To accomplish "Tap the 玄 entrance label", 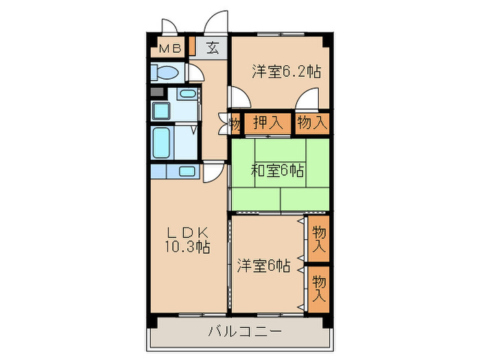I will pyautogui.click(x=213, y=49).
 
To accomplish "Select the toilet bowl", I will pyautogui.click(x=165, y=72).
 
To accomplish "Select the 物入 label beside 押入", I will pyautogui.click(x=313, y=123).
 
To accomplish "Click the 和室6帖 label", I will pyautogui.click(x=278, y=171).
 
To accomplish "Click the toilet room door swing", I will pyautogui.click(x=194, y=73).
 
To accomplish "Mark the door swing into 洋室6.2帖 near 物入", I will pyautogui.click(x=305, y=101).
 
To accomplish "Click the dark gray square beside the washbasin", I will pyautogui.click(x=157, y=92).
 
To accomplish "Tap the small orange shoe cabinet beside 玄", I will pyautogui.click(x=193, y=48).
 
